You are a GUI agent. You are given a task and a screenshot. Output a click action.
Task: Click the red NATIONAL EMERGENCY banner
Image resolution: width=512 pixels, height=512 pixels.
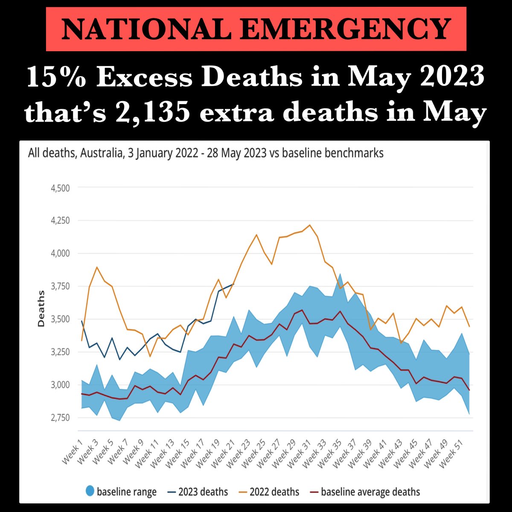pos(256,29)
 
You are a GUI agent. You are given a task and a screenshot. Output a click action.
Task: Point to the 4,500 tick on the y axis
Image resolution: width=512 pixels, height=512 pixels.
pos(61,188)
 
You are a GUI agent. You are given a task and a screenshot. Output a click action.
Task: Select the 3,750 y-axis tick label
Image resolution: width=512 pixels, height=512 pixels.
pos(61,286)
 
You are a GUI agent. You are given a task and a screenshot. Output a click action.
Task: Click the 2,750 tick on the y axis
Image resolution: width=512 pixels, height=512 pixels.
pos(61,418)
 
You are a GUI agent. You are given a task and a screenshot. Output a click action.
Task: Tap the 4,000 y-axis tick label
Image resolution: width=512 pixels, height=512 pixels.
pos(61,253)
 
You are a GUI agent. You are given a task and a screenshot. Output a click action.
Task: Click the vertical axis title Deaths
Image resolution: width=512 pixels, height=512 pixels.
pos(41,308)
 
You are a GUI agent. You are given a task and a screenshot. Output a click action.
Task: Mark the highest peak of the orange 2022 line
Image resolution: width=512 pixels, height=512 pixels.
pos(310,225)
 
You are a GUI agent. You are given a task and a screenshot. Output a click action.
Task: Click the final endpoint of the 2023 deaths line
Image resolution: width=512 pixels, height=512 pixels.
pos(234,284)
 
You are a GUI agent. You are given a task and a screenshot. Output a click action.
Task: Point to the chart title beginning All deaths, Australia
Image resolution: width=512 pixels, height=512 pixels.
pos(206,153)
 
